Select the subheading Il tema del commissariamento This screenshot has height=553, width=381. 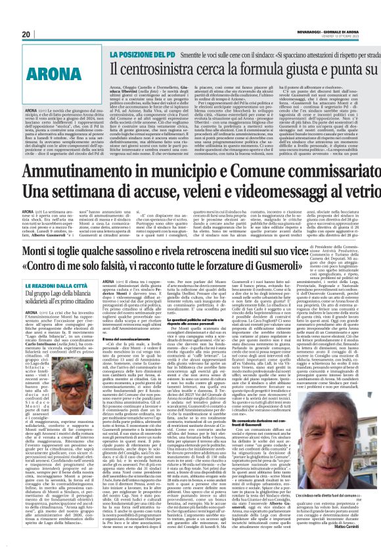118,354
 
